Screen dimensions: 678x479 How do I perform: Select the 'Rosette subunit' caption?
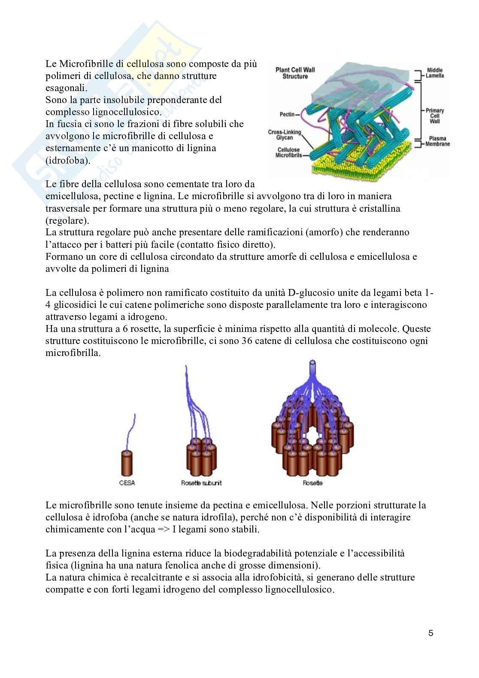[201, 483]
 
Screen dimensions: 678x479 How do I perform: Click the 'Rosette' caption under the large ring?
[312, 483]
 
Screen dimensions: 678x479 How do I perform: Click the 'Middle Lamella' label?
[435, 73]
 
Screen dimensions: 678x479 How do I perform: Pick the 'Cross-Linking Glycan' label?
[285, 135]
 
